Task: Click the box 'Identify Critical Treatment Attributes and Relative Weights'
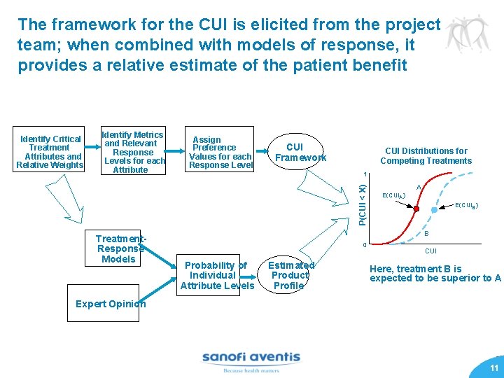point(50,152)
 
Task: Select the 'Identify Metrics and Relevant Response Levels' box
point(133,152)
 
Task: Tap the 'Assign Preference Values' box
point(220,152)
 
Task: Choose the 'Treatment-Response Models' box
point(119,248)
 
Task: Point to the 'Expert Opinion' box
point(110,304)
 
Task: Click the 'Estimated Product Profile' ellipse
point(290,275)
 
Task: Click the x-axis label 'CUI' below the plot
point(430,251)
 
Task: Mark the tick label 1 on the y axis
point(364,174)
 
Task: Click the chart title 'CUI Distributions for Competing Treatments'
point(426,155)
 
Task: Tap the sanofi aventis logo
point(251,360)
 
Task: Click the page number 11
point(493,367)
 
